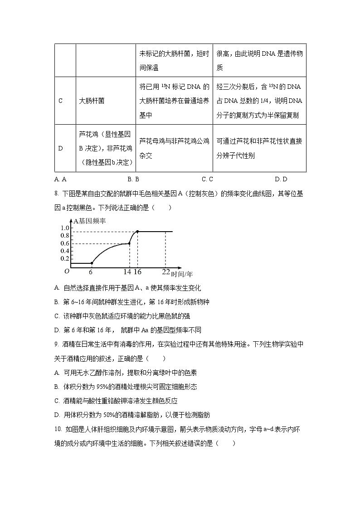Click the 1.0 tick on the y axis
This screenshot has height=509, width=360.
coord(64,228)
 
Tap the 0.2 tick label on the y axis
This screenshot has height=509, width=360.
coord(64,258)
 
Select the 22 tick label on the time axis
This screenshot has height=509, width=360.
coord(165,271)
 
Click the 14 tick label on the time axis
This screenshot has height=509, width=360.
coord(126,271)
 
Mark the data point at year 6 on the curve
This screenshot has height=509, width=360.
coord(92,263)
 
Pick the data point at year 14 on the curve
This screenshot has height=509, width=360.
coord(129,244)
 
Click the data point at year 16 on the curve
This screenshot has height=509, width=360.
coord(137,232)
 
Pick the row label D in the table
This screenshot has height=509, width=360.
coord(61,148)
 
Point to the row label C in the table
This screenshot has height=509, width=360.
coord(61,101)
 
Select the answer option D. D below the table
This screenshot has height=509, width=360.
coord(281,179)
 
